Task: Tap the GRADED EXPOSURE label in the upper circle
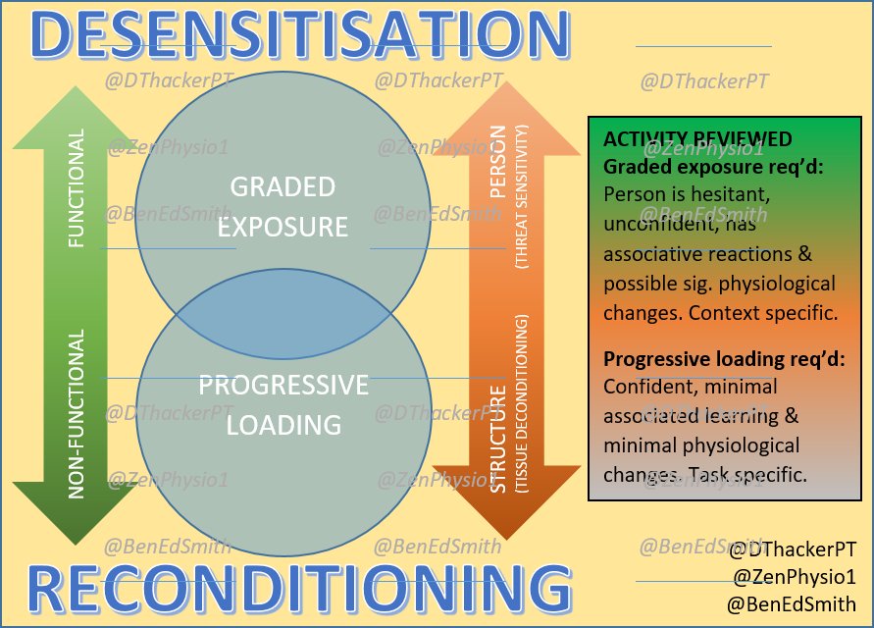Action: (x=283, y=207)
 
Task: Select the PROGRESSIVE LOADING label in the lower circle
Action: (x=283, y=404)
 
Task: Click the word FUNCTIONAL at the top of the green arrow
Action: (x=77, y=187)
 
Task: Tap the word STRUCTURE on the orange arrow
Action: (x=498, y=440)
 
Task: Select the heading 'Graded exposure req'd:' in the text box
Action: (x=713, y=167)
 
